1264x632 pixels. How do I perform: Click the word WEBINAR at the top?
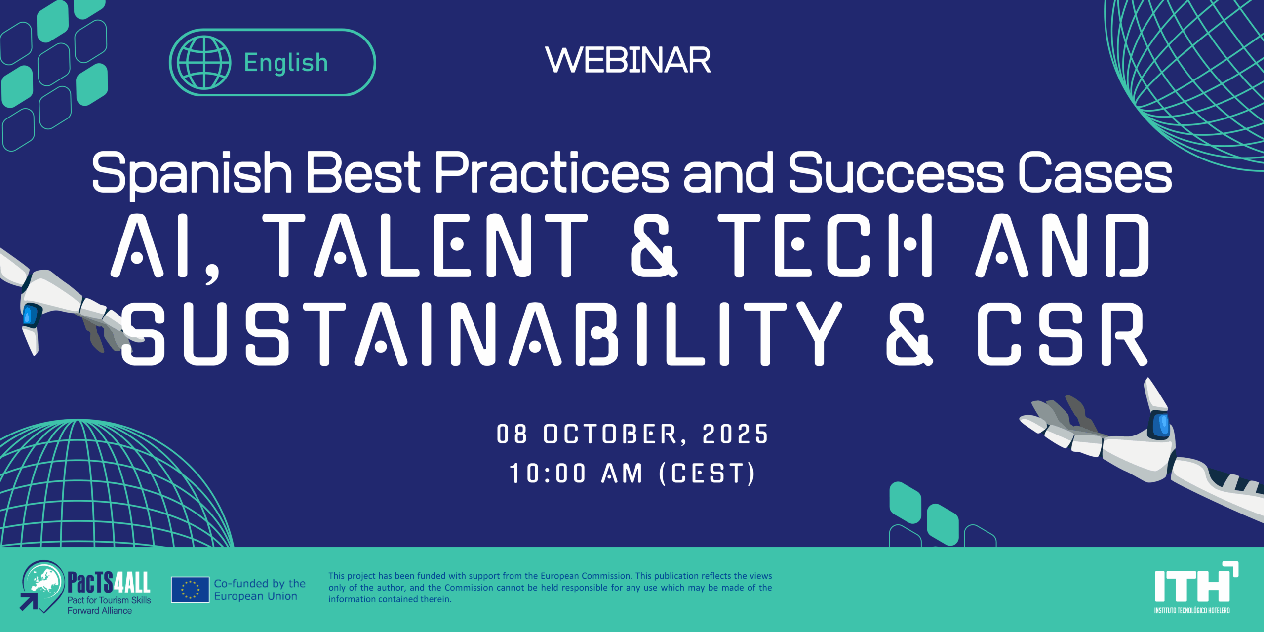pyautogui.click(x=628, y=60)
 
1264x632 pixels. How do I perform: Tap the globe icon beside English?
pyautogui.click(x=204, y=62)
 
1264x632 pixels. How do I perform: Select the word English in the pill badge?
pyautogui.click(x=286, y=63)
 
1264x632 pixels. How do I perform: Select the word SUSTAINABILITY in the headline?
pyautogui.click(x=481, y=334)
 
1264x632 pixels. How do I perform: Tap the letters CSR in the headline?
pyautogui.click(x=1062, y=334)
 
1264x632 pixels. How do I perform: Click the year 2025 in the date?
pyautogui.click(x=735, y=434)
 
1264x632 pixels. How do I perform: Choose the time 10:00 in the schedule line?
pyautogui.click(x=548, y=474)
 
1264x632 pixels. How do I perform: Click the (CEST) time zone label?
pyautogui.click(x=707, y=474)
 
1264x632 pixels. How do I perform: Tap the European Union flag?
pyautogui.click(x=190, y=590)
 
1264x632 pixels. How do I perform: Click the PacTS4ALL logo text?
pyautogui.click(x=109, y=583)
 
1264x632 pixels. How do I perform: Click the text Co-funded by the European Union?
pyautogui.click(x=260, y=590)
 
